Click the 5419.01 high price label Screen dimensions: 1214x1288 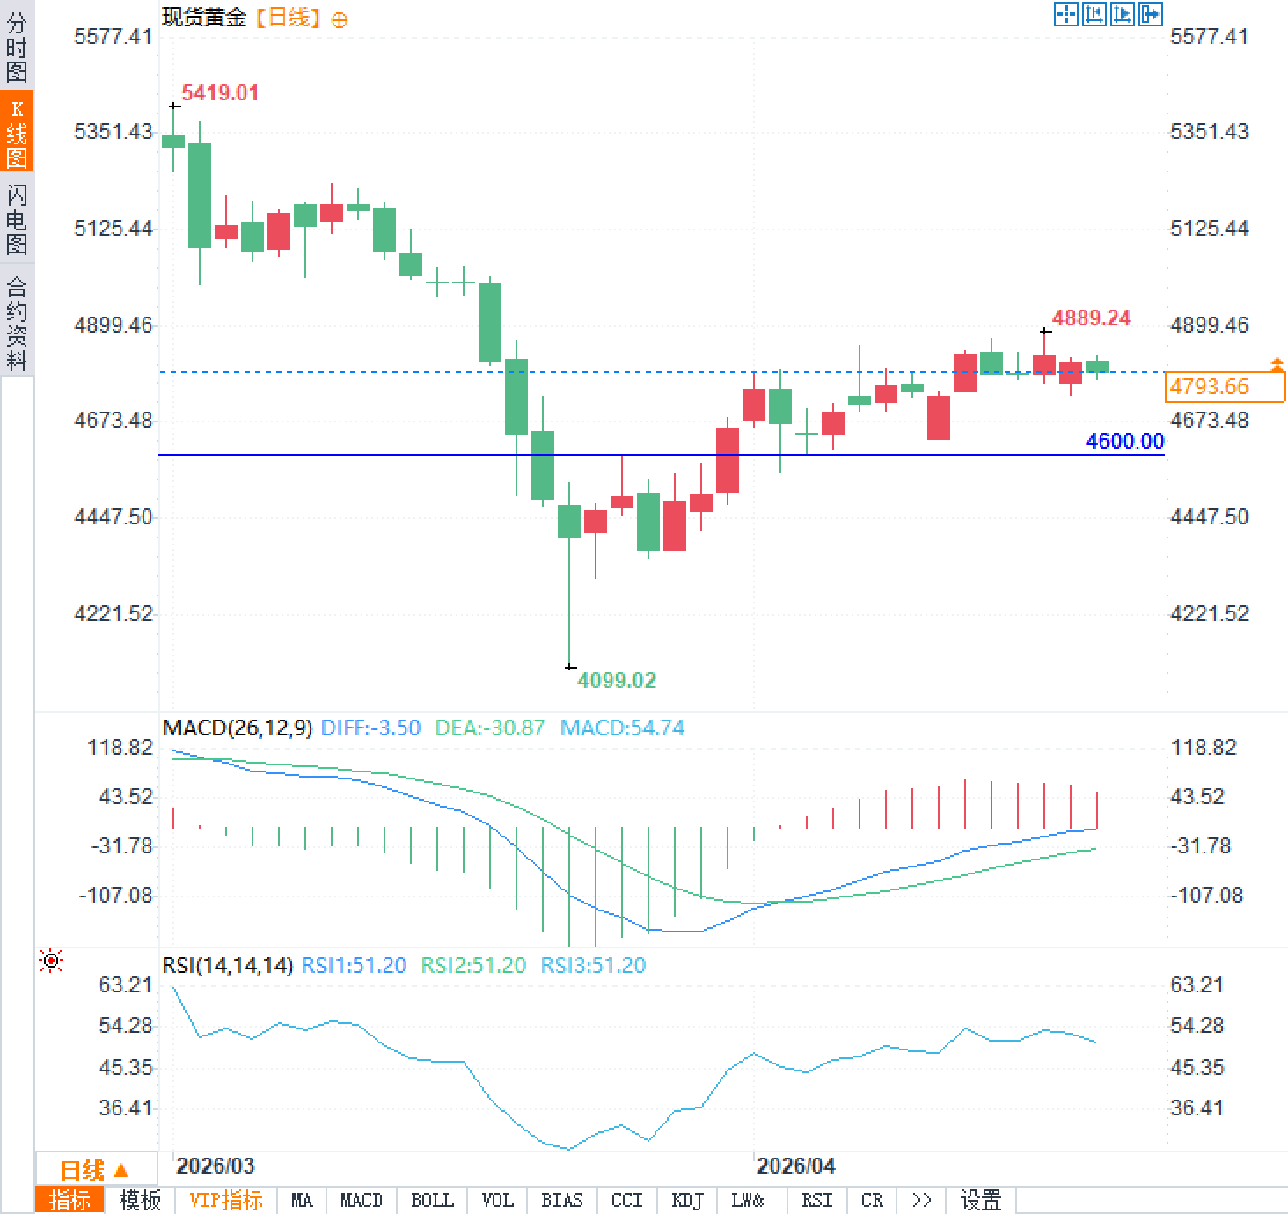click(220, 93)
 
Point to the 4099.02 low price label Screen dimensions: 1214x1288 click(616, 680)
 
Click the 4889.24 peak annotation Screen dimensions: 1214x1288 click(1091, 318)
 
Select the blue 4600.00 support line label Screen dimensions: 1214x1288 click(1124, 442)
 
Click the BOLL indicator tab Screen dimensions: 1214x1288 click(432, 1200)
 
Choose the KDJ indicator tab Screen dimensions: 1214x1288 click(687, 1200)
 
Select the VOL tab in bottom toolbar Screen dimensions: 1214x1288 click(497, 1200)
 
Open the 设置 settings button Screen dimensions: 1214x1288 click(980, 1200)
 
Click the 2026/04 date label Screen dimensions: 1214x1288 click(795, 1166)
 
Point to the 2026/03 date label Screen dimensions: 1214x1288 click(215, 1166)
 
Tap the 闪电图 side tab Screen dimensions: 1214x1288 click(17, 219)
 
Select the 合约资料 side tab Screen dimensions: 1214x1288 click(17, 323)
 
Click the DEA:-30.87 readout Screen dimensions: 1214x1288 click(490, 728)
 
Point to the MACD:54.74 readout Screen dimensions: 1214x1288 click(622, 728)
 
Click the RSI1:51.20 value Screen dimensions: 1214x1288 click(354, 966)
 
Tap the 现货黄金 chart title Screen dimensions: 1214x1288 click(204, 18)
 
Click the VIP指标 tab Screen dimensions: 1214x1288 click(226, 1200)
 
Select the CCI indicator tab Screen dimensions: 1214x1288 click(626, 1200)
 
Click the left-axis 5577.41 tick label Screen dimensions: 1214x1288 click(113, 37)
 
